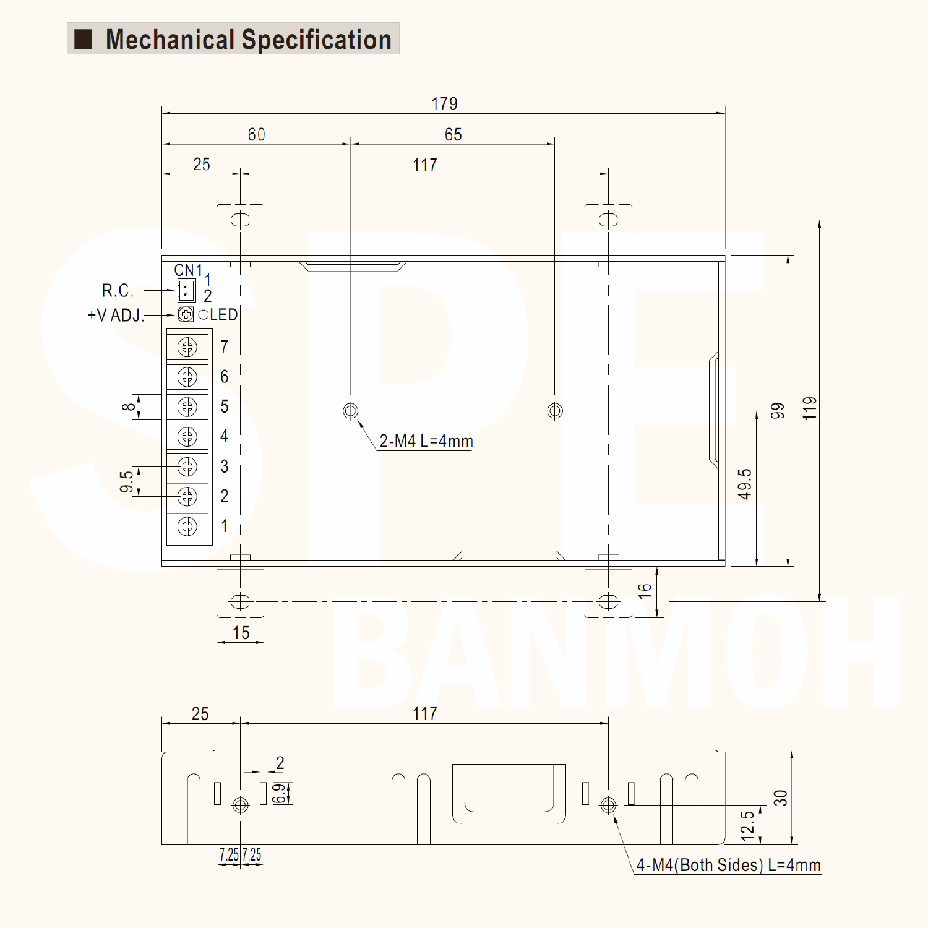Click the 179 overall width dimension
(x=444, y=103)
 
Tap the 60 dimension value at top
(x=256, y=134)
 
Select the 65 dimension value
(x=453, y=134)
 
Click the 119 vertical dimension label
(x=810, y=409)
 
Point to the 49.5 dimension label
(x=745, y=484)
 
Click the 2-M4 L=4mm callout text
(x=426, y=441)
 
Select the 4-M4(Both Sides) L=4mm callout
(x=728, y=864)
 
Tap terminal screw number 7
(x=187, y=347)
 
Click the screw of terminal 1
(x=187, y=526)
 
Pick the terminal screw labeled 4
(x=187, y=437)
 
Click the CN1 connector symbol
(x=186, y=290)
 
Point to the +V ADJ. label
(x=116, y=315)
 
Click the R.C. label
(x=117, y=290)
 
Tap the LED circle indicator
(x=204, y=315)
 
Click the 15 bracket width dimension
(x=241, y=633)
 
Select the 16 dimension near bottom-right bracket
(x=645, y=591)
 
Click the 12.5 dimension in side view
(x=747, y=825)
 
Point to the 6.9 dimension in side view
(x=280, y=793)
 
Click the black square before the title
(x=84, y=39)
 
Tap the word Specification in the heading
(x=316, y=40)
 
